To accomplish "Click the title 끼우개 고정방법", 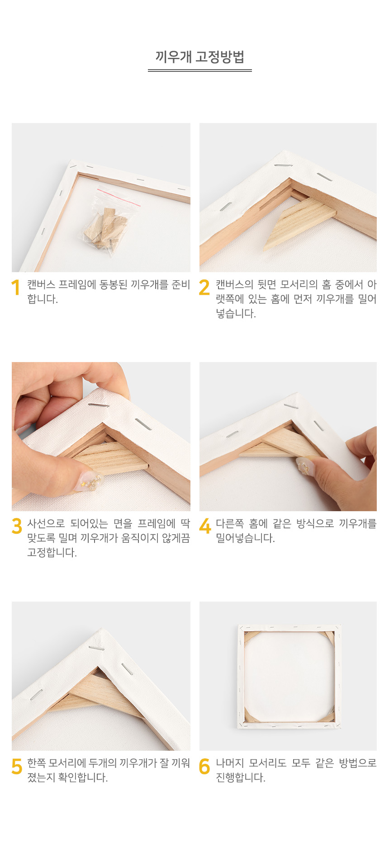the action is click(x=199, y=57).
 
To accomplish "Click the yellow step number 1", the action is click(x=16, y=287).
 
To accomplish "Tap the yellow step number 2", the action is click(x=204, y=287).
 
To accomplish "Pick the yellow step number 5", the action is click(x=17, y=766).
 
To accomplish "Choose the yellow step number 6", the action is click(x=204, y=766).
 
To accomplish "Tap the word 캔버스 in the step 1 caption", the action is click(x=41, y=285).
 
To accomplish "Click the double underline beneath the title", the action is click(x=199, y=71).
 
